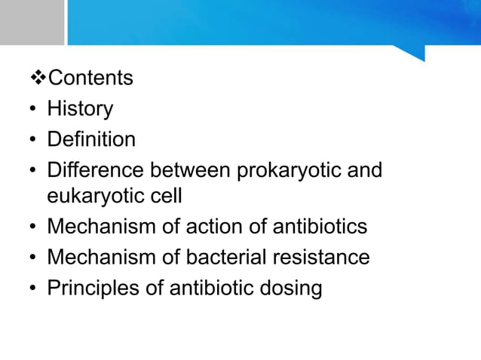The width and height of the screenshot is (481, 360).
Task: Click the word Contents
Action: (x=90, y=78)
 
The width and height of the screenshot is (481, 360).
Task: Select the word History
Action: (x=80, y=108)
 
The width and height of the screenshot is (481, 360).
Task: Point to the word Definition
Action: (x=91, y=139)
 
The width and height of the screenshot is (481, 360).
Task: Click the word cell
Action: (x=167, y=196)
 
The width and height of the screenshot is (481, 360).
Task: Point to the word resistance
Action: (x=323, y=258)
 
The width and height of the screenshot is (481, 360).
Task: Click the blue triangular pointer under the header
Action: (x=412, y=53)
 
